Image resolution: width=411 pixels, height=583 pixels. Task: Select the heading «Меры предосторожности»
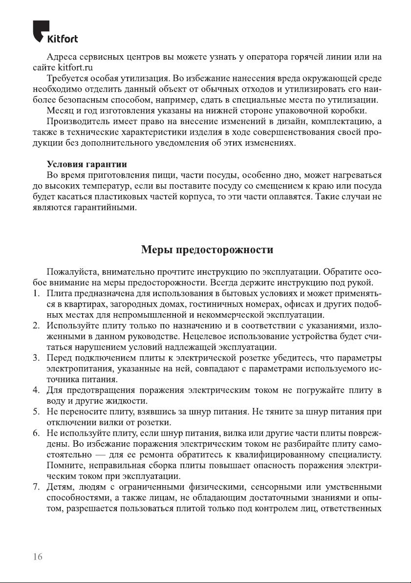tap(207, 250)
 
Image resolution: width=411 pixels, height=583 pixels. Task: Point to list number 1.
tap(36, 293)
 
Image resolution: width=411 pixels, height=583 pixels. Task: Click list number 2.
tap(36, 325)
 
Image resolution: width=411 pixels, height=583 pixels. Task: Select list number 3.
tap(36, 358)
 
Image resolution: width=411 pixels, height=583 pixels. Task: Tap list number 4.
tap(36, 390)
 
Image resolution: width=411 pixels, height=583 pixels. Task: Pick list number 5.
tap(36, 411)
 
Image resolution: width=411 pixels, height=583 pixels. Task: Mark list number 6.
tap(36, 433)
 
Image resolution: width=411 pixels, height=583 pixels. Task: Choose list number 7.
tap(36, 487)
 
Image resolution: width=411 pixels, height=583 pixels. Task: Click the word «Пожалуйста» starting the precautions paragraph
tap(69, 272)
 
